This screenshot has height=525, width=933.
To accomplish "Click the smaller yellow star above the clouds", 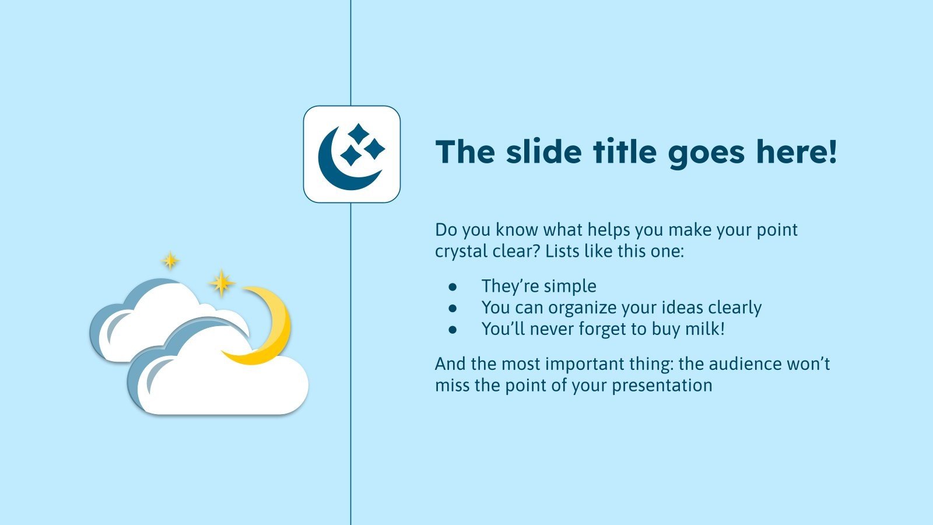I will coord(170,260).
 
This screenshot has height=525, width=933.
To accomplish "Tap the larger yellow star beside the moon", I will coord(221,283).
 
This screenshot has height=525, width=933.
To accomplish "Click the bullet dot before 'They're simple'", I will coord(453,286).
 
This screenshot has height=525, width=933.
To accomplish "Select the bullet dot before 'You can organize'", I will coord(453,308).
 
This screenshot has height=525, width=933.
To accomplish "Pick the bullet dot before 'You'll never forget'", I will coord(453,330).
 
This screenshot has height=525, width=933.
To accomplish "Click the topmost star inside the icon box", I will coord(359,134).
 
